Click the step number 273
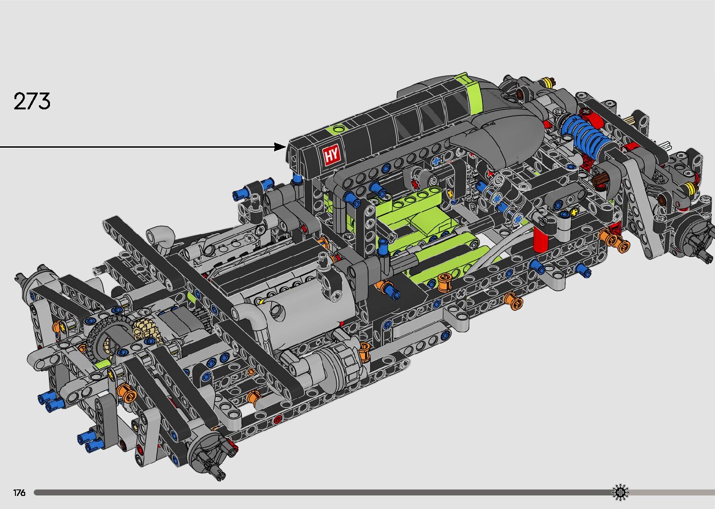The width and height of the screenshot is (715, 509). (32, 101)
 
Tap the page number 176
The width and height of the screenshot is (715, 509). (19, 492)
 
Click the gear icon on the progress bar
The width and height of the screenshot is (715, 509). (620, 492)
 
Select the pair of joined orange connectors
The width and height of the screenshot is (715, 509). (614, 240)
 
